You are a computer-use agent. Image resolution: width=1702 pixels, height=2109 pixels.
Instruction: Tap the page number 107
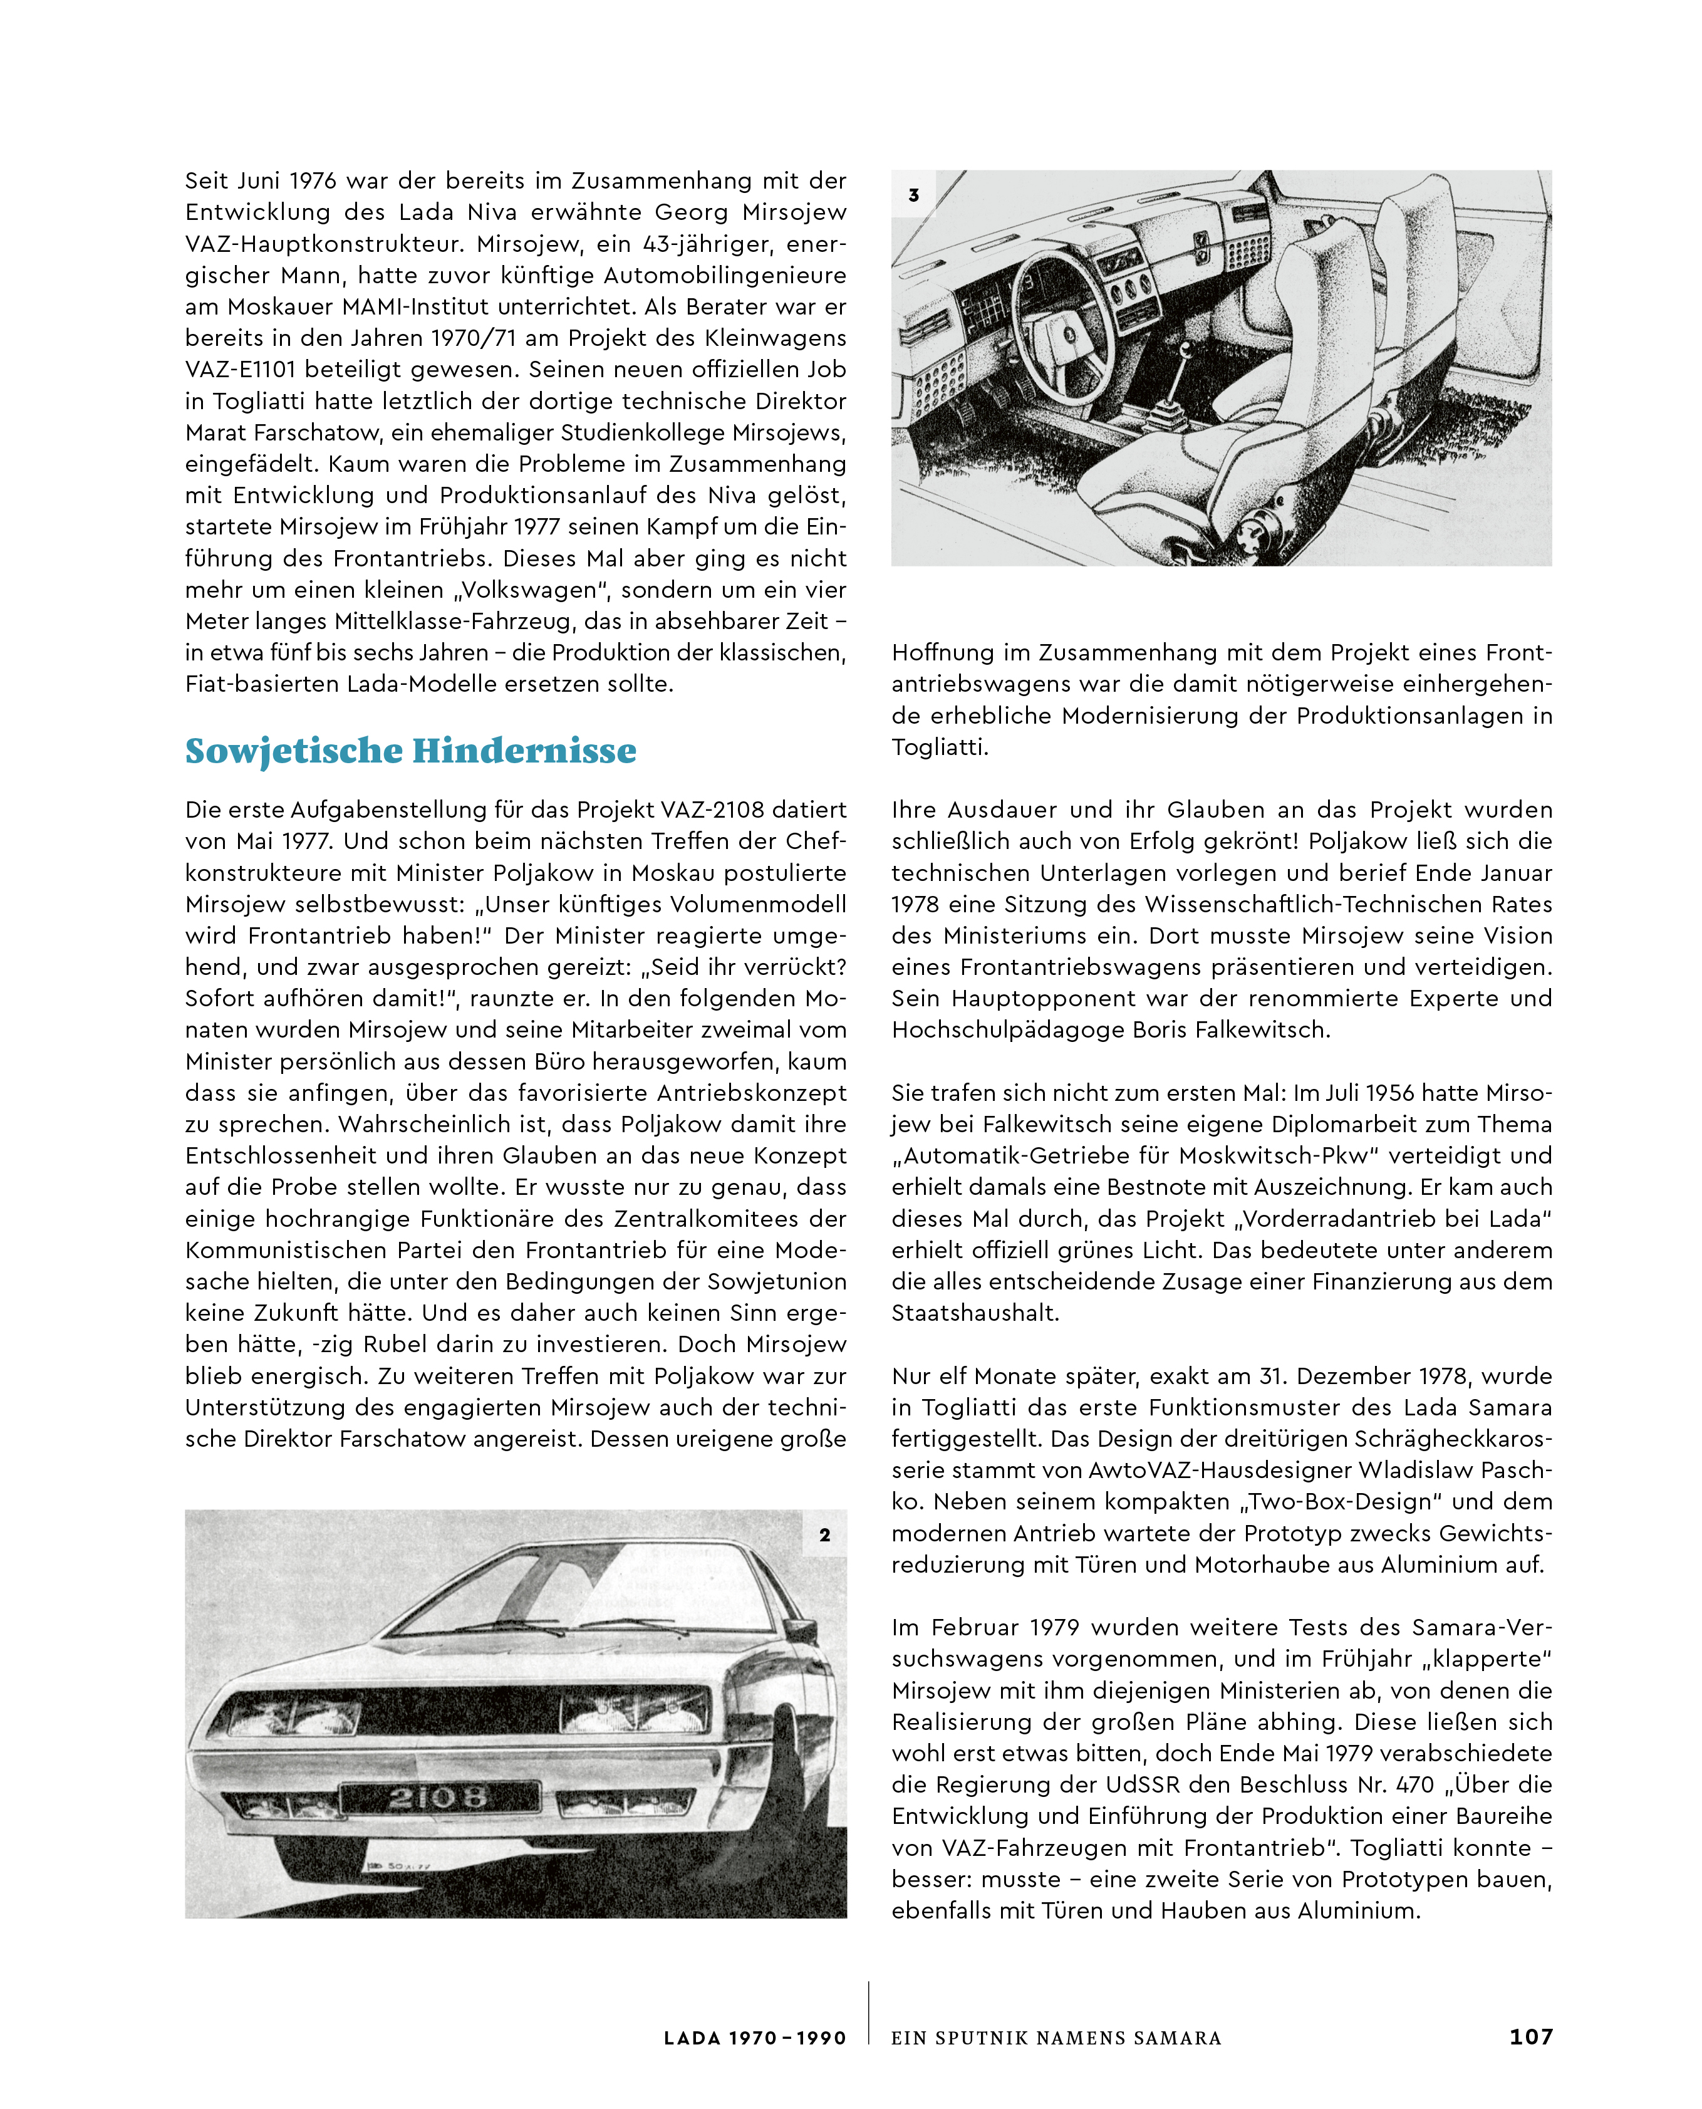[1530, 2036]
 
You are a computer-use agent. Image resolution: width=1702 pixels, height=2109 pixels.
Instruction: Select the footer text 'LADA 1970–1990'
[754, 2038]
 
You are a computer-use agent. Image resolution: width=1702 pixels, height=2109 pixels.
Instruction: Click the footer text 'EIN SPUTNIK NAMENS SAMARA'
[1056, 2038]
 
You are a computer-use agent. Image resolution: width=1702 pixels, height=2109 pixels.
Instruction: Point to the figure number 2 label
[824, 1534]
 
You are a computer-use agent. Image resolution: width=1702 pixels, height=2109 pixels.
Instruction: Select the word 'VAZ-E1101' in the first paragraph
[244, 370]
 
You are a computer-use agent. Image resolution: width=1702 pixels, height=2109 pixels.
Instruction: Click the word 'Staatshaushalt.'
[975, 1313]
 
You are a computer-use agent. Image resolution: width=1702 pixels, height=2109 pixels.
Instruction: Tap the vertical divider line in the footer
[869, 2012]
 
